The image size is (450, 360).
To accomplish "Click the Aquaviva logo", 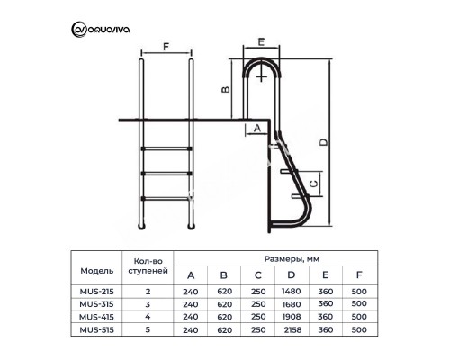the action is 101,30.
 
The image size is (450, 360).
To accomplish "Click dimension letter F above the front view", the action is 166,47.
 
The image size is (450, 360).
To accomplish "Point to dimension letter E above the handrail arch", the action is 261,41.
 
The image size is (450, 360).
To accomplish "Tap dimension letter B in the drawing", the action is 226,89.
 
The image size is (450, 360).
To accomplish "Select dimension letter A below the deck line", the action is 257,128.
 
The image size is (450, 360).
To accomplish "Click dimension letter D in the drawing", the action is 323,142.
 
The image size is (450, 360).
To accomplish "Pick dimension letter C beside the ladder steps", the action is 314,183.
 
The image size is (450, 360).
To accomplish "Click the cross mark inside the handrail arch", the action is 262,76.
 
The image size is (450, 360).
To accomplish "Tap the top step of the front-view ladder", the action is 166,148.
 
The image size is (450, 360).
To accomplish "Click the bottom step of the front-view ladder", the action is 166,198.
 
